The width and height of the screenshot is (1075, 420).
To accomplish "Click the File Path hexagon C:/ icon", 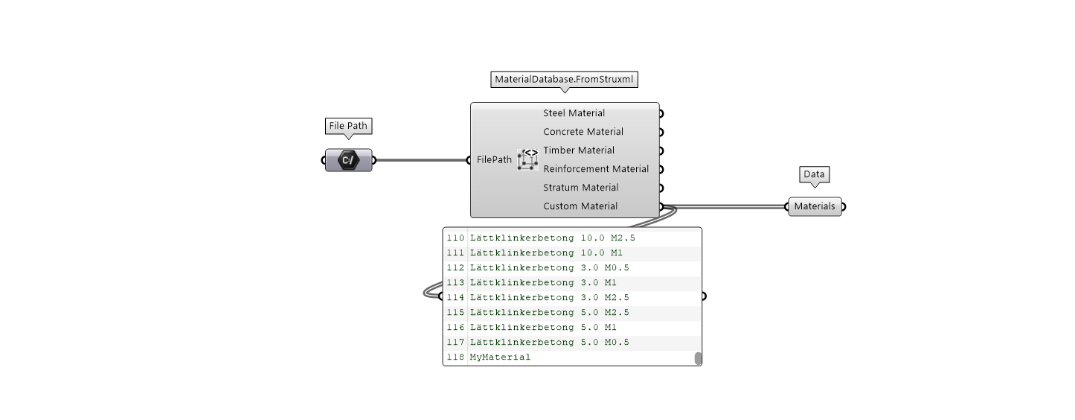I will [x=348, y=159].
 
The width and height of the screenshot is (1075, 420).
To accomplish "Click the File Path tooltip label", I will [x=348, y=126].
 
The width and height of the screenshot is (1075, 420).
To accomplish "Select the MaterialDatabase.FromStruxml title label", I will [x=564, y=79].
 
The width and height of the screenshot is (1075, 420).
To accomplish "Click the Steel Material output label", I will [x=574, y=113].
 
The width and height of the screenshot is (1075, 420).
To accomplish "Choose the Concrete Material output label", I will [x=583, y=132].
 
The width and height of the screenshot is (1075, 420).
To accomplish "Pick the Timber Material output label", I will [x=579, y=150].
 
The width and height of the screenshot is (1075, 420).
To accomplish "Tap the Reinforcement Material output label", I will [x=596, y=169].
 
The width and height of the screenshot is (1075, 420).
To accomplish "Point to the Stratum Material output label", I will [x=580, y=188].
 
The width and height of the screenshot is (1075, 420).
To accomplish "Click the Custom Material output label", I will [x=580, y=206].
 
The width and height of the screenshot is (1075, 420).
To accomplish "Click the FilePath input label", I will [x=494, y=159].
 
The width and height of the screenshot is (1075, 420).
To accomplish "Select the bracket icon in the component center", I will [x=528, y=159].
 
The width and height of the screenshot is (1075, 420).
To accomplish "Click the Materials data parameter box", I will [x=815, y=206].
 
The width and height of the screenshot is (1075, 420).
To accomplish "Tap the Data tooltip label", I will [x=814, y=174].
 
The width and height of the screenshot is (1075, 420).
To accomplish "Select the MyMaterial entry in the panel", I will [x=500, y=357].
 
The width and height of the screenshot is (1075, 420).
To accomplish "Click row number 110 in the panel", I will [x=455, y=238].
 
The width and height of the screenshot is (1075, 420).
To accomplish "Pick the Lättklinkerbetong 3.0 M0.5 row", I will [x=549, y=268].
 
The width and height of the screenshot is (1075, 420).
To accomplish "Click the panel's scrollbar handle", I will [x=698, y=358].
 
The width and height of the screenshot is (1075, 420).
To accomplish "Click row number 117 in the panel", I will [x=455, y=343].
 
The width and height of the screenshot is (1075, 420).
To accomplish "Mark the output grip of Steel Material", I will [x=661, y=113].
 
